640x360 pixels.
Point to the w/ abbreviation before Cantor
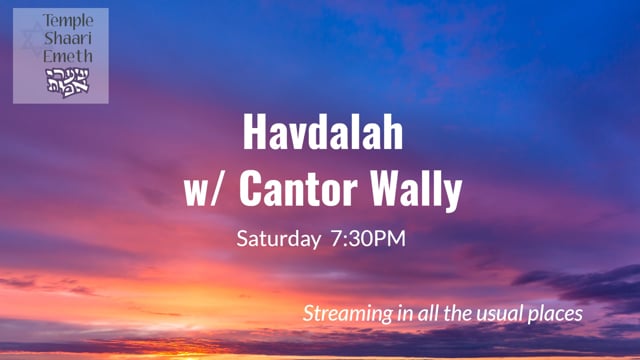pos(204,189)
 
